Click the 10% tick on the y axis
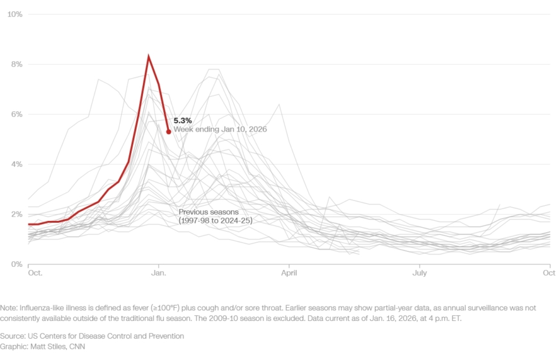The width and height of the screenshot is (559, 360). pyautogui.click(x=15, y=14)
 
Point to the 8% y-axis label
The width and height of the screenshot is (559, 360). pyautogui.click(x=17, y=64)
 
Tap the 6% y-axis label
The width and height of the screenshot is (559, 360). pyautogui.click(x=17, y=114)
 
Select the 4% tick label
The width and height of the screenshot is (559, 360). pyautogui.click(x=17, y=164)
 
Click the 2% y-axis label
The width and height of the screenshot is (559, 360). pyautogui.click(x=17, y=214)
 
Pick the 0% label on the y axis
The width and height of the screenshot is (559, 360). pyautogui.click(x=17, y=264)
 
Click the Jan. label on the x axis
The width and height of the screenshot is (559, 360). pyautogui.click(x=159, y=273)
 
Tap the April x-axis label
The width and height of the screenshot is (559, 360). pyautogui.click(x=289, y=273)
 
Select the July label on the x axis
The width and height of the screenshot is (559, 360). pyautogui.click(x=420, y=273)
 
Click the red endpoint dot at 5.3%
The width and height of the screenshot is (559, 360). pyautogui.click(x=168, y=132)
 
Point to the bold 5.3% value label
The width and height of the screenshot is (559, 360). pyautogui.click(x=183, y=120)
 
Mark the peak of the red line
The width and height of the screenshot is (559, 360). pyautogui.click(x=148, y=56)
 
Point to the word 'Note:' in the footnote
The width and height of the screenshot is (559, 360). pyautogui.click(x=10, y=308)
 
